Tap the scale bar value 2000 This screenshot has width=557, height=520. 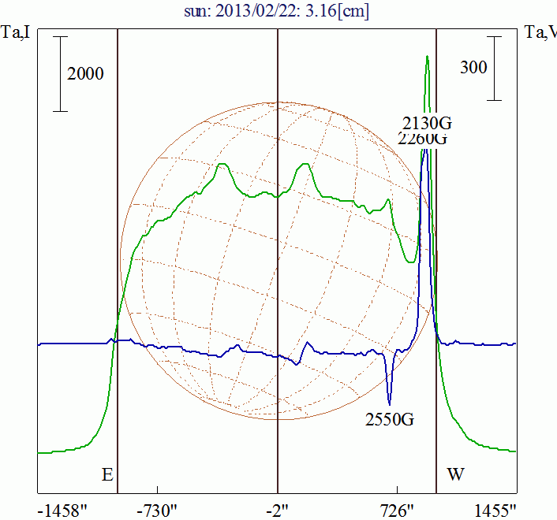(x=86, y=74)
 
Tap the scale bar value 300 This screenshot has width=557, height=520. (x=473, y=68)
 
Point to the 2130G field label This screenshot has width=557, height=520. (x=427, y=122)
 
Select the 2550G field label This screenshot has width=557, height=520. (x=390, y=418)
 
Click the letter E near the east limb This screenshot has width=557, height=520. (x=108, y=475)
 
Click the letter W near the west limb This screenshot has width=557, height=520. (x=455, y=475)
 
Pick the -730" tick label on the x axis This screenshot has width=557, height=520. (x=158, y=510)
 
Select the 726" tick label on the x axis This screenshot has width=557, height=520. (x=397, y=510)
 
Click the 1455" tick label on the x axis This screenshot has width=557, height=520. (x=495, y=510)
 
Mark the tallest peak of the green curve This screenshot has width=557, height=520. (x=427, y=58)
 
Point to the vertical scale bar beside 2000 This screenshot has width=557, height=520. (x=61, y=74)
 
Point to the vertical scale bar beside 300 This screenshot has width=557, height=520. (x=495, y=68)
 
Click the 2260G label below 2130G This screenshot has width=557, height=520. (x=423, y=139)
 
